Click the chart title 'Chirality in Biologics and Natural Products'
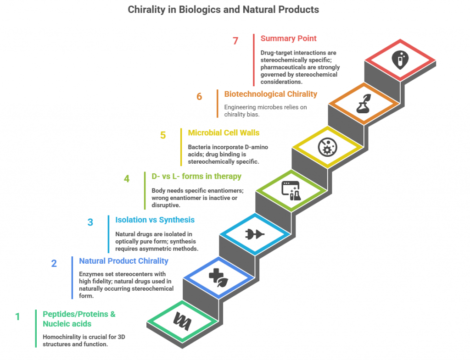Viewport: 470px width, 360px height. [x=224, y=10]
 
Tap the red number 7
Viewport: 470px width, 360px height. [x=235, y=41]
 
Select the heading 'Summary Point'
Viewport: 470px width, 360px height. [x=288, y=39]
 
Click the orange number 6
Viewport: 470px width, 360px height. [x=199, y=96]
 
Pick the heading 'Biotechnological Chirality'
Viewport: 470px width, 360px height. [x=271, y=94]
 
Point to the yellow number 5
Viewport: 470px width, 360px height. [x=163, y=135]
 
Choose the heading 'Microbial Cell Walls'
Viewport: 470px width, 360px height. [x=224, y=133]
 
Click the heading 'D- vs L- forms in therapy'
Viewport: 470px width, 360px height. [x=196, y=177]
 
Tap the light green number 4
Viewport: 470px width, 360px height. [x=127, y=179]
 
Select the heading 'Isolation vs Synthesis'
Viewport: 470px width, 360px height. [x=155, y=220]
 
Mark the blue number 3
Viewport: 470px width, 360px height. [x=90, y=222]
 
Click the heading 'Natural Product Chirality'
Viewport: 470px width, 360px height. [x=123, y=261]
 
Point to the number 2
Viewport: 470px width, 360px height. [x=54, y=263]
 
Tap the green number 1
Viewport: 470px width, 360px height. [x=18, y=316]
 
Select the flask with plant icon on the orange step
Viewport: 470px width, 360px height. [x=364, y=104]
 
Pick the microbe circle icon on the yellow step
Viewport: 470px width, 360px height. [x=327, y=147]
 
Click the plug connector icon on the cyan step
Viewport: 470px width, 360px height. [x=255, y=234]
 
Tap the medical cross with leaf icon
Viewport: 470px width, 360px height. [x=218, y=278]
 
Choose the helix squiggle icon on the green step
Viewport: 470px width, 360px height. [x=182, y=321]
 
